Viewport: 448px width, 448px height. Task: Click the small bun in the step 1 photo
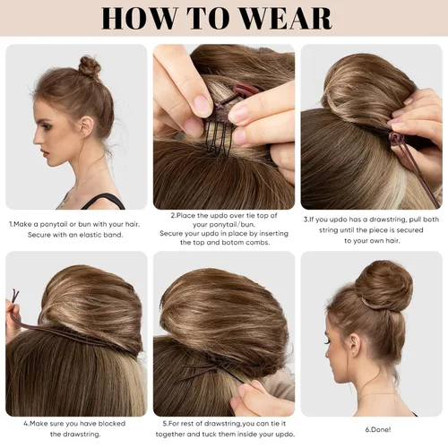click(89, 65)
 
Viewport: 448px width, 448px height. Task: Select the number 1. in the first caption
click(13, 223)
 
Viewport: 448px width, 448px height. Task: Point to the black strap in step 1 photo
click(108, 201)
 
